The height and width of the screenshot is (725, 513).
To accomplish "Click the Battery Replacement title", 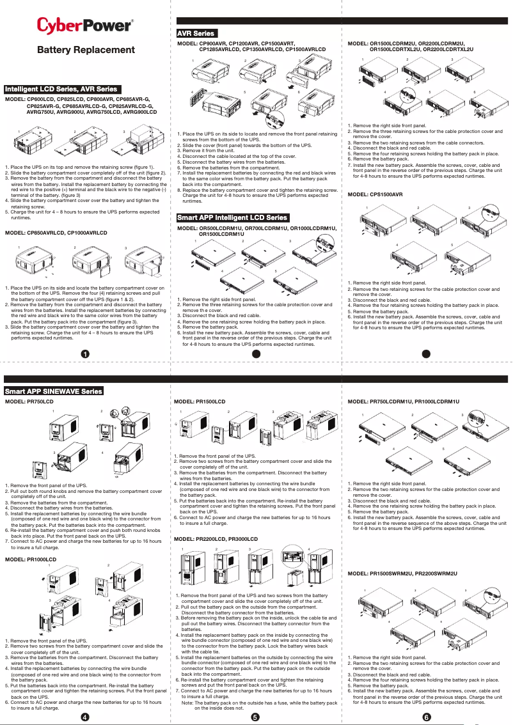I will click(x=86, y=50).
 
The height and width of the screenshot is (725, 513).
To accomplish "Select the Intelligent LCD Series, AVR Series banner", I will click(x=61, y=89).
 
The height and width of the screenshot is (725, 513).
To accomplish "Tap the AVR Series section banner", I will click(x=196, y=33).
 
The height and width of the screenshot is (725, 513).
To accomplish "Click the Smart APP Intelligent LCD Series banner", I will click(x=233, y=218).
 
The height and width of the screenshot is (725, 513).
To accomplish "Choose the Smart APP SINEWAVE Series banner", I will click(x=54, y=391).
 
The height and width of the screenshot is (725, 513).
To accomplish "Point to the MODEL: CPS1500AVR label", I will click(x=375, y=194).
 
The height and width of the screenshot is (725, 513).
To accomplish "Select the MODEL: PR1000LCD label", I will click(x=31, y=559).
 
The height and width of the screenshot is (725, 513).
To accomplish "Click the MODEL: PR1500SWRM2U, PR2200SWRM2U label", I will click(x=402, y=574).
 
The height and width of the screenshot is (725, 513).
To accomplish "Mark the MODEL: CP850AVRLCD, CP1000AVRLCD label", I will click(x=56, y=233).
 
